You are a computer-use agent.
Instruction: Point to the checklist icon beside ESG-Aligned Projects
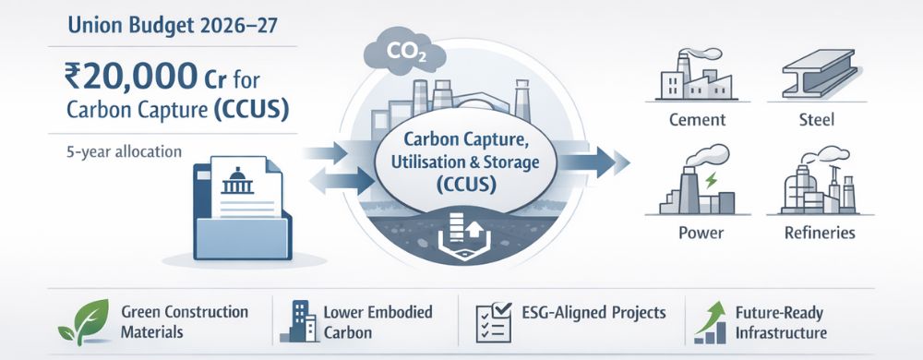pyautogui.click(x=495, y=319)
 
